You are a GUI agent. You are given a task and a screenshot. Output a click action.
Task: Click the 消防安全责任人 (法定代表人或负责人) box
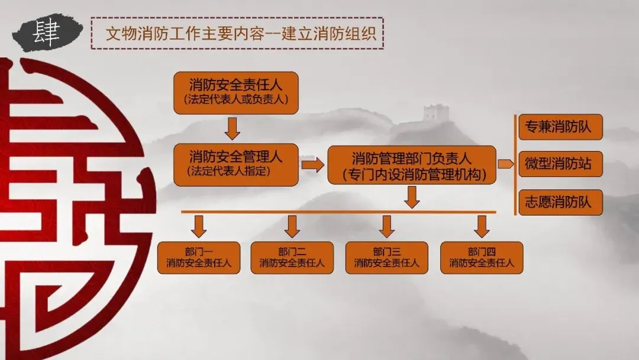click(x=235, y=92)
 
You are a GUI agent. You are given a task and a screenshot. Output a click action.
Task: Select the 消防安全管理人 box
click(x=235, y=164)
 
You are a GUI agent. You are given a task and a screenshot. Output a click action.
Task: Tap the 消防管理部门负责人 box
click(x=411, y=165)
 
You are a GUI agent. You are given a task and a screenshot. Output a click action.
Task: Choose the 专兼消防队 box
click(x=560, y=127)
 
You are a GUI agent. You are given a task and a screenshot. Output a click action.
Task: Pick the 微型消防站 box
click(x=560, y=164)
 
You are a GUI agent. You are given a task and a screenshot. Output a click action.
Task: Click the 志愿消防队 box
click(x=560, y=202)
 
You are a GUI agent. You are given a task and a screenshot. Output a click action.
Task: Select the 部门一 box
click(x=199, y=258)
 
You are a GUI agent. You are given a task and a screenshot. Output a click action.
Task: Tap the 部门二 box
click(x=292, y=258)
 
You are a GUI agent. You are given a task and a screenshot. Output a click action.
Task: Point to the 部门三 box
click(x=387, y=258)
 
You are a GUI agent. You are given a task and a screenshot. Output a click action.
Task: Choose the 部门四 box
click(x=482, y=258)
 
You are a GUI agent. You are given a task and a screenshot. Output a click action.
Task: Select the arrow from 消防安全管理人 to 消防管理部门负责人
click(x=312, y=165)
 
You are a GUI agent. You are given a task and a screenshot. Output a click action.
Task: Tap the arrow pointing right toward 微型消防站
click(x=506, y=164)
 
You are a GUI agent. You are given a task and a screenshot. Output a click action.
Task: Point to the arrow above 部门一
click(x=199, y=226)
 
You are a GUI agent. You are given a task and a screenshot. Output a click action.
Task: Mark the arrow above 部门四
click(x=482, y=226)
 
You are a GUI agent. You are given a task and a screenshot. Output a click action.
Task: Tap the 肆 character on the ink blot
click(x=46, y=34)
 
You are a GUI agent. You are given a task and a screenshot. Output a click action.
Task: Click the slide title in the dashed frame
click(x=237, y=33)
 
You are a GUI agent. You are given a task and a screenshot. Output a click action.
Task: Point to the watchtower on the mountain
click(x=436, y=112)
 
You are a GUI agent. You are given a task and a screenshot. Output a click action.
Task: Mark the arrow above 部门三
click(x=387, y=226)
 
